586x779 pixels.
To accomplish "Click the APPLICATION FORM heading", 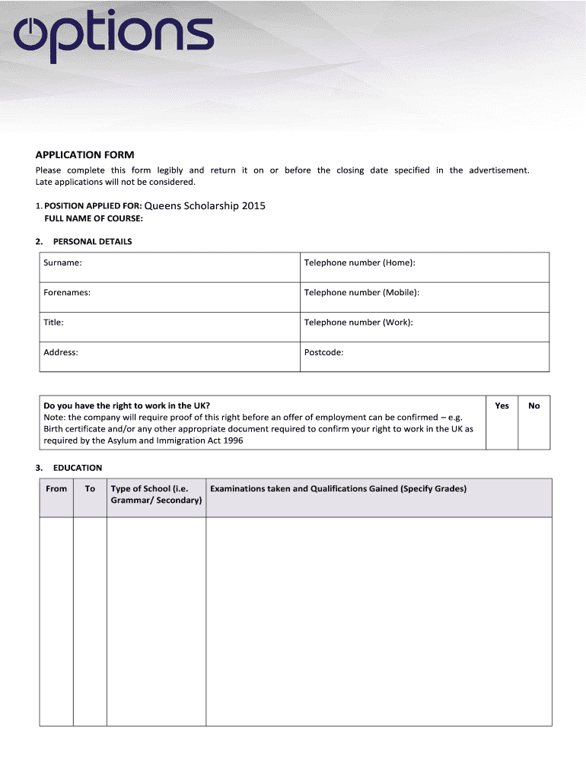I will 84,154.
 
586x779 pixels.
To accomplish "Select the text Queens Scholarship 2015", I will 205,206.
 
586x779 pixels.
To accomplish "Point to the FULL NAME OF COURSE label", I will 94,218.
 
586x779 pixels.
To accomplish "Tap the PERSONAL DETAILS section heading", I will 92,241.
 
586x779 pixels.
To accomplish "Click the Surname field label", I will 62,262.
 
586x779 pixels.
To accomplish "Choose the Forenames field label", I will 67,292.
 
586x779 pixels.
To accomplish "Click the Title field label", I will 53,322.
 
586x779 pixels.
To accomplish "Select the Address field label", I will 61,352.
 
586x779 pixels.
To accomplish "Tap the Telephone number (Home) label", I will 359,262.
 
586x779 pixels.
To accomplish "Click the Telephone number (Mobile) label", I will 361,292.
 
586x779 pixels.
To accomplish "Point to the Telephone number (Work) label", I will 358,322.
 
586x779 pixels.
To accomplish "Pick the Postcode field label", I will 323,352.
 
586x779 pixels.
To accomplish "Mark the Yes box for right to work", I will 502,423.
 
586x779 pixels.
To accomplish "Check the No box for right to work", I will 533,423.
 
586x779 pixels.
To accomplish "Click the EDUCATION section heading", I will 77,468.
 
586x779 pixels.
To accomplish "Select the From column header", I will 56,488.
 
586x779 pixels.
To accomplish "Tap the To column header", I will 90,488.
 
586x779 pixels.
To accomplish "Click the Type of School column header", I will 156,494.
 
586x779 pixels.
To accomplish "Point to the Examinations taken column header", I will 338,488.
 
